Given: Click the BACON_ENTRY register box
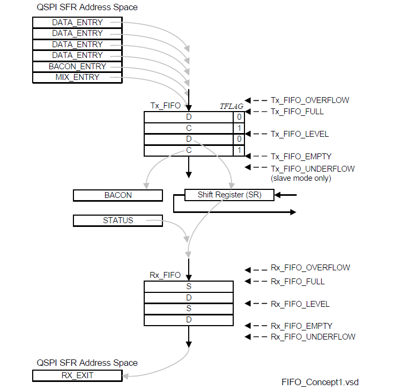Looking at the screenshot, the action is click(77, 67).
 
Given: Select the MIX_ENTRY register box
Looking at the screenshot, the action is click(77, 77).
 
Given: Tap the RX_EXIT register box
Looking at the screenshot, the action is click(77, 376).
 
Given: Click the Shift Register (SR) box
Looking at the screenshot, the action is click(229, 195).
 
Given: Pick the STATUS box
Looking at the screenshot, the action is click(118, 220).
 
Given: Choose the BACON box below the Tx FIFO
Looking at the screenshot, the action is click(118, 195).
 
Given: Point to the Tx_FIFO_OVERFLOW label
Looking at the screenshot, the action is click(310, 100).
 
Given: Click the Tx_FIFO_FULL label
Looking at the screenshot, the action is click(297, 112).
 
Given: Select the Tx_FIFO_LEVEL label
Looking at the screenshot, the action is click(300, 134).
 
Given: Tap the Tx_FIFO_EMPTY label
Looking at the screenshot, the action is click(301, 156).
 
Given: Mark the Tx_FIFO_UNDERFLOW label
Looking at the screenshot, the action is click(313, 168).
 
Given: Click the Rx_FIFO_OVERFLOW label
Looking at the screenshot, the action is click(310, 268).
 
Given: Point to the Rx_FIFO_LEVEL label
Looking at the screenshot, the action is click(300, 304).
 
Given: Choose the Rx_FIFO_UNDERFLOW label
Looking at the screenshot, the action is click(313, 337).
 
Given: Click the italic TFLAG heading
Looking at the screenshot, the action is click(232, 106).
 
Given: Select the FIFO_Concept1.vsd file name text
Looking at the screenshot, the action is click(320, 382).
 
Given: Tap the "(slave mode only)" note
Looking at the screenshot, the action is click(301, 178).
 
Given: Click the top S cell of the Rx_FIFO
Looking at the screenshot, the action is click(189, 286).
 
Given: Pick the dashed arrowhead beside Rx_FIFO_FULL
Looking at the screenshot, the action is click(248, 281).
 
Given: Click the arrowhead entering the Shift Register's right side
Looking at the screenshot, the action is click(278, 195).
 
